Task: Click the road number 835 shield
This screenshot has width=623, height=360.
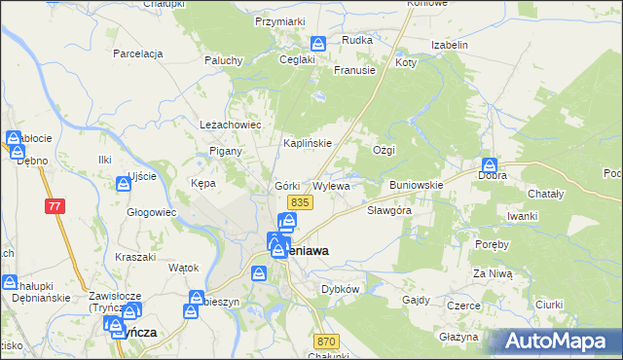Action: click(299, 201)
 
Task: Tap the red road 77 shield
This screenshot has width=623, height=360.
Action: click(54, 205)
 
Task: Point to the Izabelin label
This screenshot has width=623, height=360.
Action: click(449, 45)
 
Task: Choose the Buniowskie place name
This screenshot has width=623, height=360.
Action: click(416, 184)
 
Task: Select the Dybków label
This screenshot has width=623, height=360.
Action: click(341, 289)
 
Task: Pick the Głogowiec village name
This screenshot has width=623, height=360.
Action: click(151, 211)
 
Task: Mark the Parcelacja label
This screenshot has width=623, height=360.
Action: click(137, 53)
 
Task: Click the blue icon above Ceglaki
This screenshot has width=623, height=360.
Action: click(318, 44)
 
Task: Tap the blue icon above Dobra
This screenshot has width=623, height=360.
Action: click(490, 165)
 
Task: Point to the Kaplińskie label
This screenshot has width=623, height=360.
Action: click(308, 143)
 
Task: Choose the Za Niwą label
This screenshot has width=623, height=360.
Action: click(492, 274)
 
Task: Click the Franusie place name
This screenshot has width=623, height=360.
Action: click(354, 70)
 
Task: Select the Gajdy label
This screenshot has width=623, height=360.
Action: click(417, 299)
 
